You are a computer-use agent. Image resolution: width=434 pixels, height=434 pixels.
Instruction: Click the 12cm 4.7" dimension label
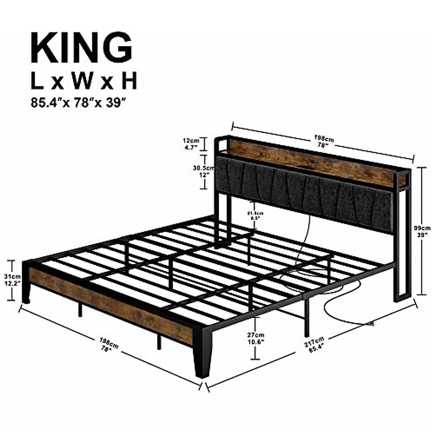coord(191,144)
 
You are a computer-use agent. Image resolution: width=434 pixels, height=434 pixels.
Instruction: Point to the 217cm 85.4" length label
coord(314,345)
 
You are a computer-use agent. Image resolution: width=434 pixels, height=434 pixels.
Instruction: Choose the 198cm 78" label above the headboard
coord(323,141)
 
